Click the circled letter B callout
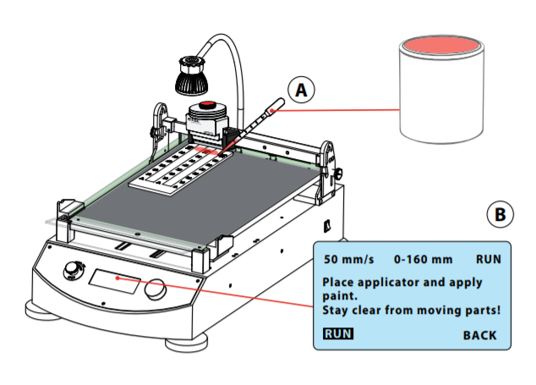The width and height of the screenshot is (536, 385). [x=500, y=216]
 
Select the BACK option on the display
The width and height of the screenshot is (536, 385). [x=479, y=335]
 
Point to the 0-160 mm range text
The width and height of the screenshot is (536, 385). [x=424, y=257]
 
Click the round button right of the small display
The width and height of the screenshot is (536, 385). [x=154, y=289]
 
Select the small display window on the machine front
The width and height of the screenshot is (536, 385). [x=114, y=281]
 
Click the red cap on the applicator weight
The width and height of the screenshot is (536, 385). [x=206, y=105]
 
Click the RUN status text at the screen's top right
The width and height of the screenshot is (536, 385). [x=489, y=257]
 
